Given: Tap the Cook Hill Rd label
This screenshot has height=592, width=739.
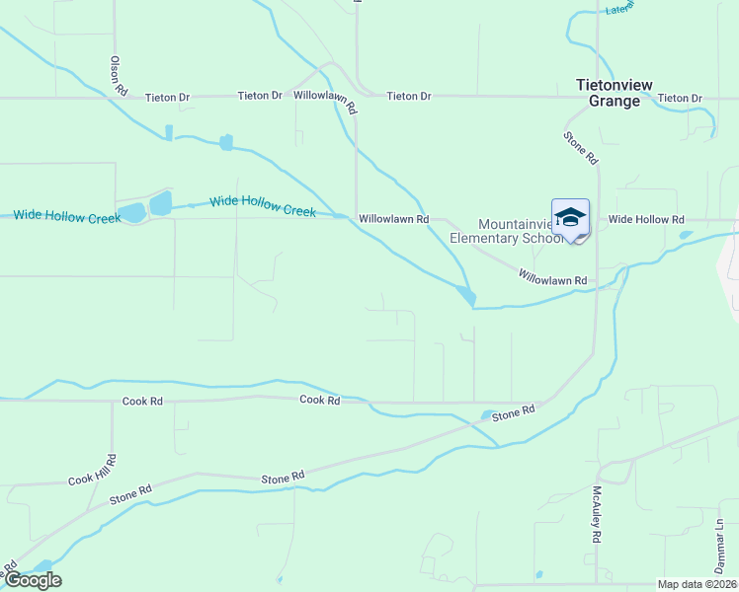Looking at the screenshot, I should (94, 471).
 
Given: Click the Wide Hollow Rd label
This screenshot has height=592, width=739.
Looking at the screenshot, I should (646, 219).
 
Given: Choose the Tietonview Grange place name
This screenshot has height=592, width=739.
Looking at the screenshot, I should (615, 93).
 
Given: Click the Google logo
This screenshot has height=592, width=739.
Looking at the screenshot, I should (33, 580).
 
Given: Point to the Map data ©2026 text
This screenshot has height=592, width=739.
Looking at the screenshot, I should (696, 584).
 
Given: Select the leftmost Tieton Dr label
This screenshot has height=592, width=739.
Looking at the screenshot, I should (167, 97).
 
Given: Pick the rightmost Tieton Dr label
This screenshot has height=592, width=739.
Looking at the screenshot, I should (680, 98).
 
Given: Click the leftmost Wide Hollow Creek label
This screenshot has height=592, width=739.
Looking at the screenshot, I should (66, 215).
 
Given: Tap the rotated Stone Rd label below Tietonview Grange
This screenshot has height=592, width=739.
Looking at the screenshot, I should (581, 148).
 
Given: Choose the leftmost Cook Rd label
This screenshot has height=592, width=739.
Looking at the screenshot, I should (142, 402).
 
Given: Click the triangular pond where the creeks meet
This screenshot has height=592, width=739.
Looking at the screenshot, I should (466, 294).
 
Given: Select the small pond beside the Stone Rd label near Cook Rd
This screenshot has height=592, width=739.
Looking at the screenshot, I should (488, 415).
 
